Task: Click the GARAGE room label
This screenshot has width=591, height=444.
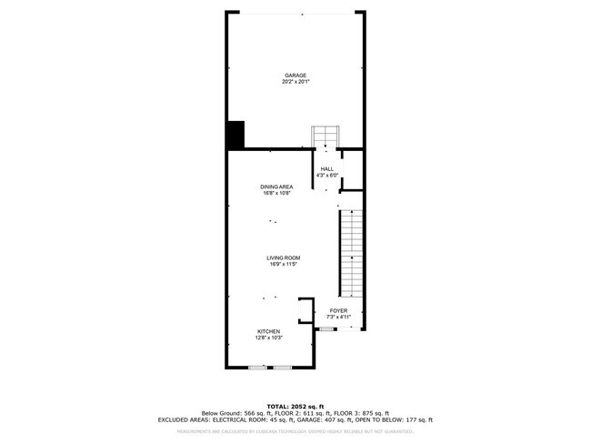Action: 295,76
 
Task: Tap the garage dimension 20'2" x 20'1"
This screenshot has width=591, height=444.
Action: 295,82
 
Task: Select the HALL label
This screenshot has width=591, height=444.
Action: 326,168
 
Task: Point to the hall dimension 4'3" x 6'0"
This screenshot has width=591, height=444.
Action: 326,175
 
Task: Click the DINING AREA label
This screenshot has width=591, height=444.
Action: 275,187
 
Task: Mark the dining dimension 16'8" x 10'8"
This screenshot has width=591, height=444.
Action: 275,194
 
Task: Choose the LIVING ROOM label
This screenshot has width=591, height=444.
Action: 284,257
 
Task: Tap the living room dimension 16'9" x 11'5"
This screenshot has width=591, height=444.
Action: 284,264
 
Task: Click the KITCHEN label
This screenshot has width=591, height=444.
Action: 268,331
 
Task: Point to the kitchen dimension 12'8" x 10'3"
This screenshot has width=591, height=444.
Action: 268,338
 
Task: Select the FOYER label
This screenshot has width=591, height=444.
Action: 338,310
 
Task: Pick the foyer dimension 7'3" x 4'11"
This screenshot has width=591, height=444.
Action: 338,317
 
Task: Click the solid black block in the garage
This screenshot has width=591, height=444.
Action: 235,135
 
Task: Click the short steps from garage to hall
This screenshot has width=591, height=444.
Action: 326,136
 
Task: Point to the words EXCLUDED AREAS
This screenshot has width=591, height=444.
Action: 183,419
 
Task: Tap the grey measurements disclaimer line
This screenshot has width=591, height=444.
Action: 295,432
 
